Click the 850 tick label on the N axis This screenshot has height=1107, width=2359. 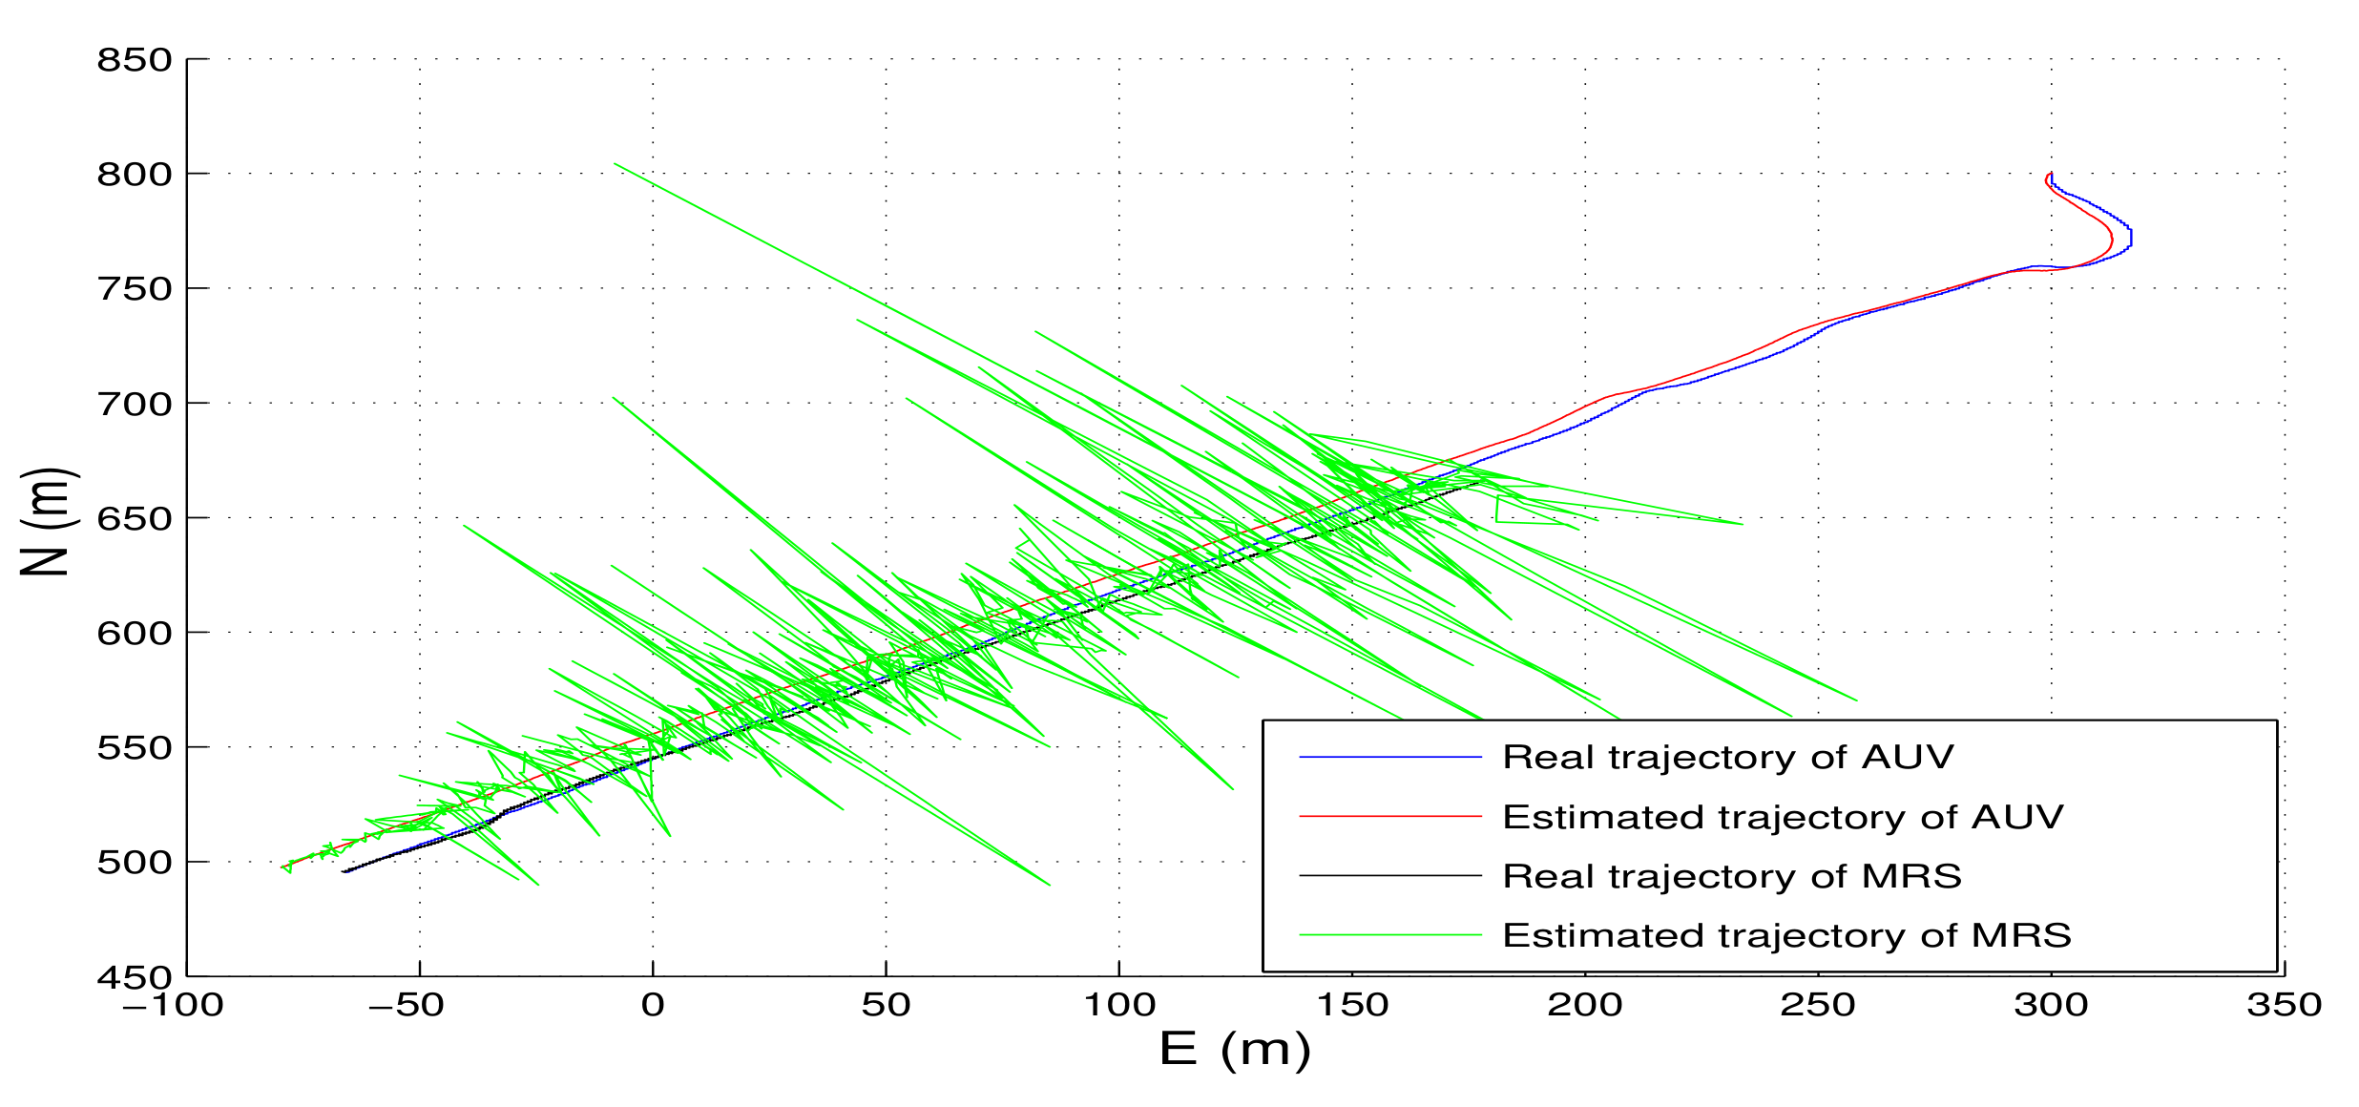134,61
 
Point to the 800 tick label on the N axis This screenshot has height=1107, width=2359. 134,176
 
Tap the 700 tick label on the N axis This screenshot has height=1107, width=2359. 134,405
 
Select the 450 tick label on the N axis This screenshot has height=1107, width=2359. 134,978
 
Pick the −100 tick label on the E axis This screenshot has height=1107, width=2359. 173,1006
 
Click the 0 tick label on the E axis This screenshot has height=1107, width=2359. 653,1006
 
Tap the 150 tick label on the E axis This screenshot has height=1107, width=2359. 1351,1006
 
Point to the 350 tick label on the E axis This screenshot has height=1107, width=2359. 2284,1006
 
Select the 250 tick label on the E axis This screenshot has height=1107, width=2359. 1818,1006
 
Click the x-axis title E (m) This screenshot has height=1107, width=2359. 1235,1051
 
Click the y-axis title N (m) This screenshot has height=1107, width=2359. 45,521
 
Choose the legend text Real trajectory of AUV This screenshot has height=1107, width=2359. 1728,758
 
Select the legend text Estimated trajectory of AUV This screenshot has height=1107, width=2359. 1783,818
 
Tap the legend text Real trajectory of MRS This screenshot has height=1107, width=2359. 1732,877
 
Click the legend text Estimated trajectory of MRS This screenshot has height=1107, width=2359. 1786,936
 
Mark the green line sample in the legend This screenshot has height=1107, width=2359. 1389,936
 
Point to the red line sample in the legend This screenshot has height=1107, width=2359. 1389,817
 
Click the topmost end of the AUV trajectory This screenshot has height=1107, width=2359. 2051,173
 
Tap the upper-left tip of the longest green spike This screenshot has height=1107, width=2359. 615,164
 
